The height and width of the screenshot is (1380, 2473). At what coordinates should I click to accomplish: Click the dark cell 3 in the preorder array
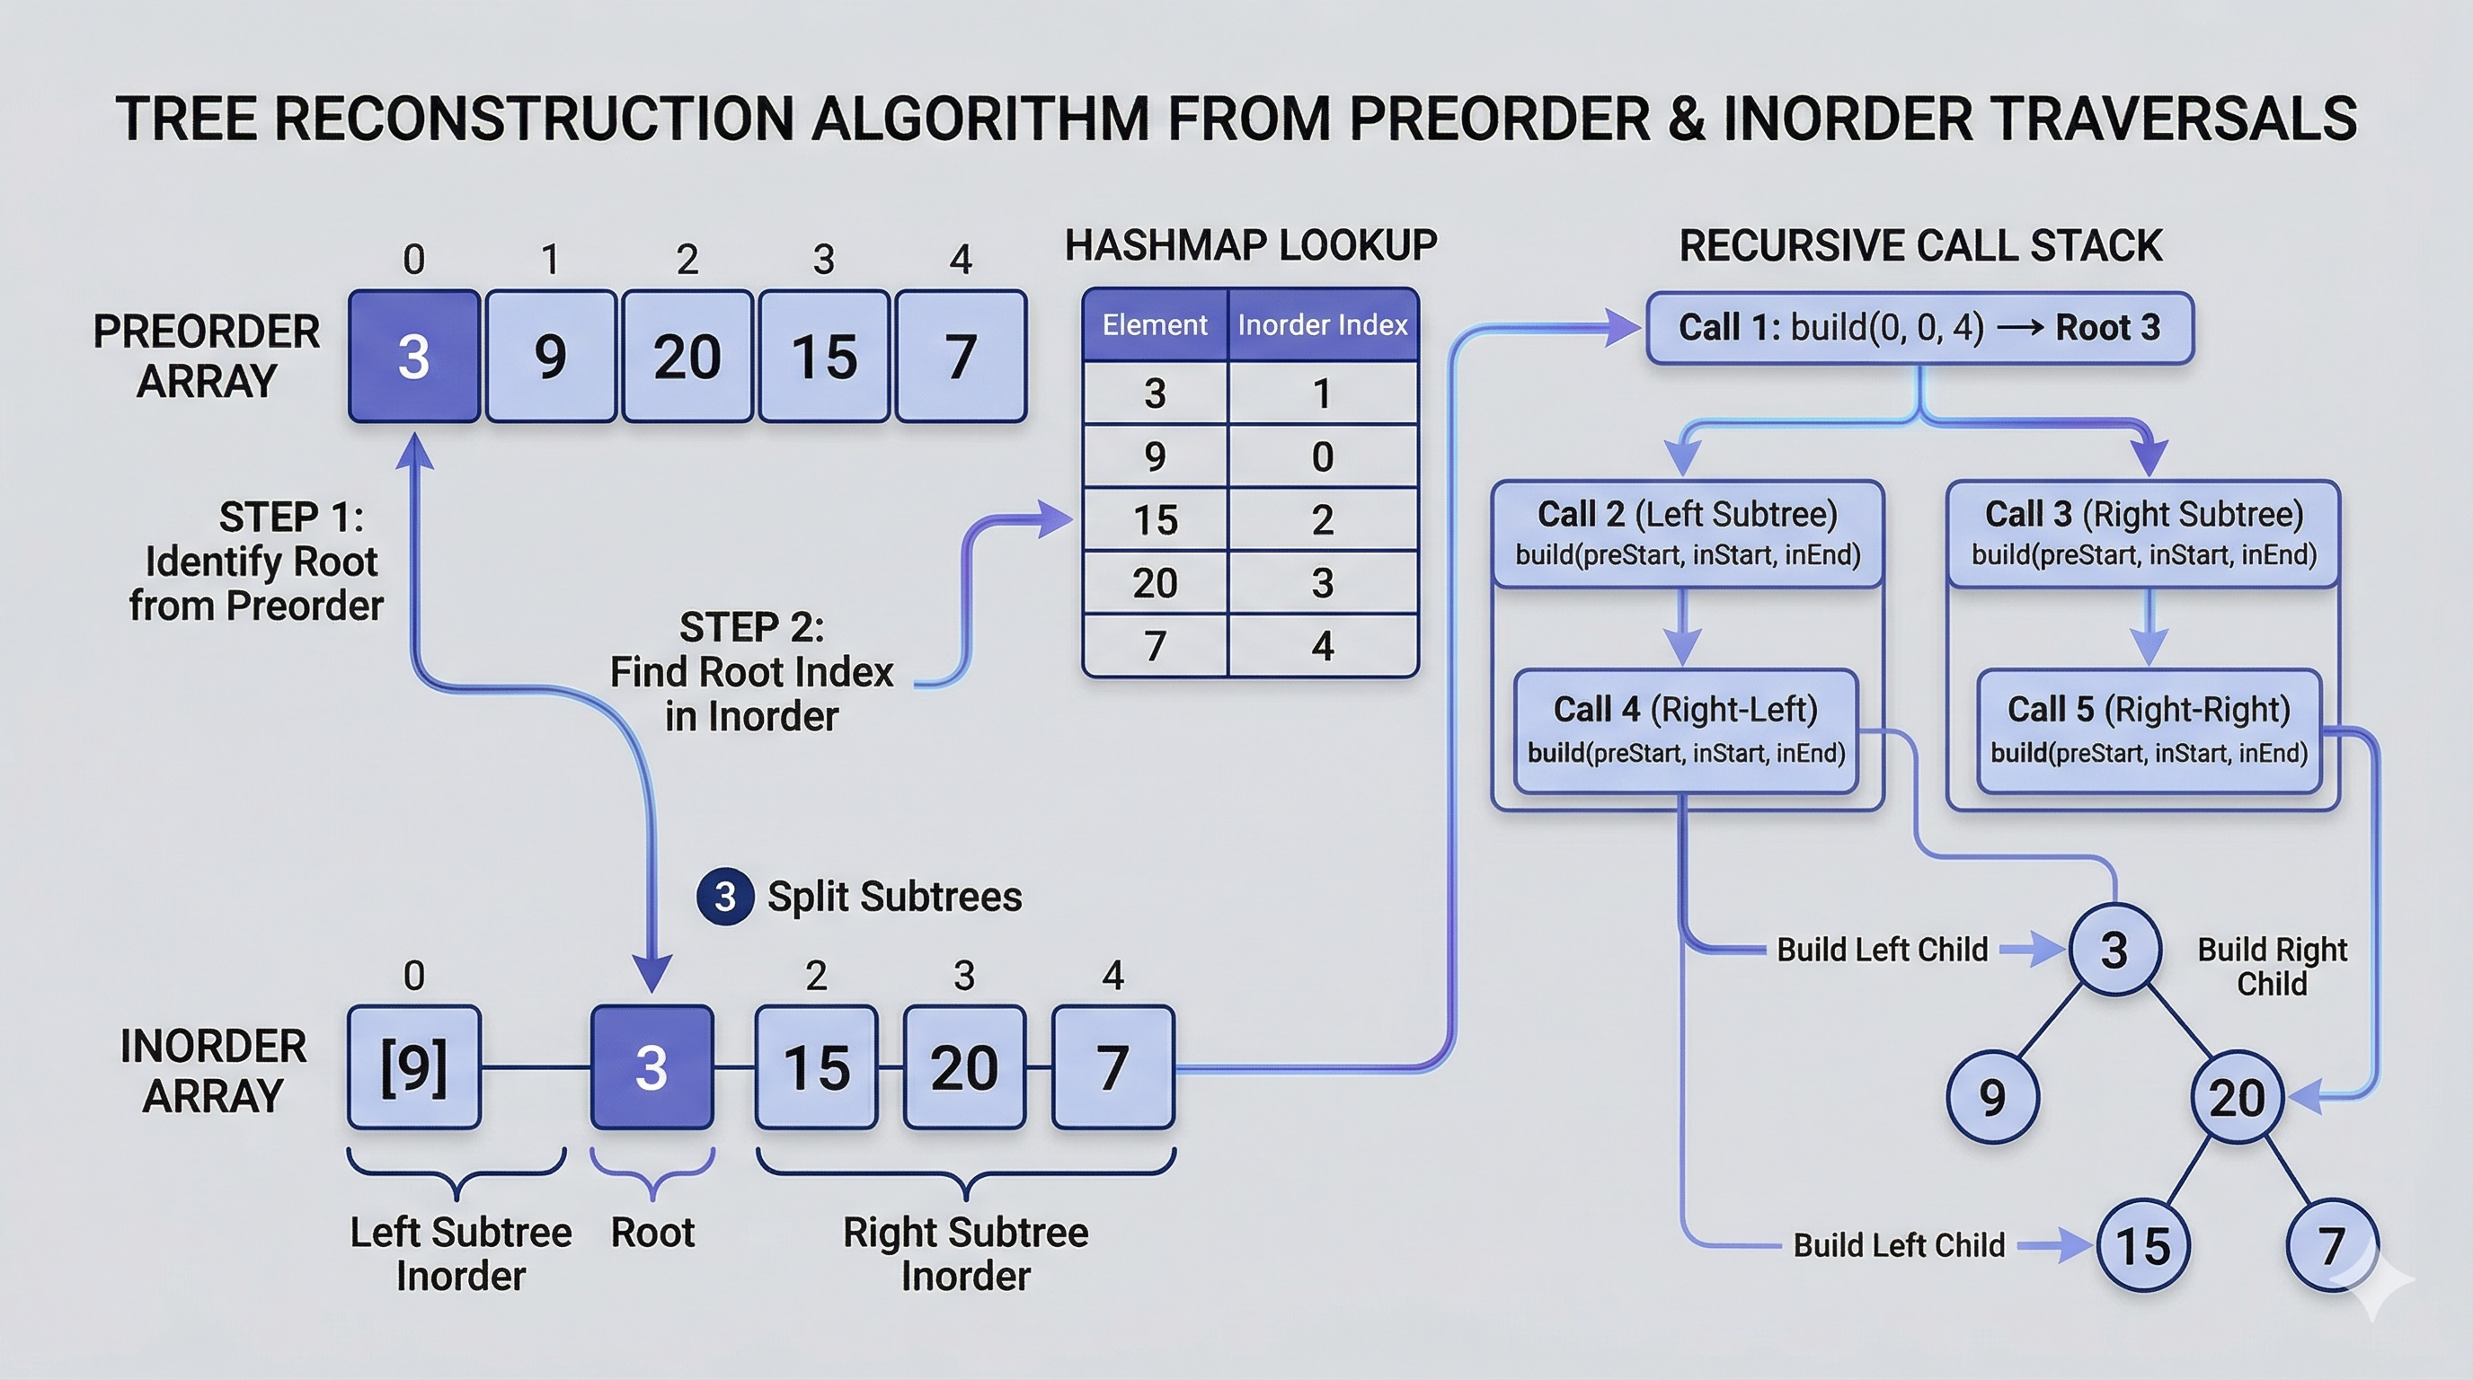413,356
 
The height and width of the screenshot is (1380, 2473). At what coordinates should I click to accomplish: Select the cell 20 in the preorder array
687,356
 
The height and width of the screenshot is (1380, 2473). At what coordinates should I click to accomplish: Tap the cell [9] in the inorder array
413,1067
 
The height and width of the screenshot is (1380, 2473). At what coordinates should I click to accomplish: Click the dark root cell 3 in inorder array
651,1067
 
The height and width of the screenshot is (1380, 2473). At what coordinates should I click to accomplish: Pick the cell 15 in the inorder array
816,1067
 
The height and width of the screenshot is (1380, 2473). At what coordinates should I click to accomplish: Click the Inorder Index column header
1322,325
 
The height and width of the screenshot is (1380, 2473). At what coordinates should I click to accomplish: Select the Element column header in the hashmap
1154,325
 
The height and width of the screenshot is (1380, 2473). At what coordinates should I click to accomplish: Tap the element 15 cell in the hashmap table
1154,520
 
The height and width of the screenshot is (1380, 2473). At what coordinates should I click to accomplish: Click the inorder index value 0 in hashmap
1322,456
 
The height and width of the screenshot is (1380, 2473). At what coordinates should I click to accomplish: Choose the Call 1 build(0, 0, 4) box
1919,328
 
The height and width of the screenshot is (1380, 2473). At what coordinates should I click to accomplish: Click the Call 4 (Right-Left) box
1686,730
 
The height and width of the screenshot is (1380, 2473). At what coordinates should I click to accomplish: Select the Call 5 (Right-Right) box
2149,730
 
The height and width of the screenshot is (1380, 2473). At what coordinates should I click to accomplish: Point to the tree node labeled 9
1992,1097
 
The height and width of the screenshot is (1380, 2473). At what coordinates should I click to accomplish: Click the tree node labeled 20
2236,1097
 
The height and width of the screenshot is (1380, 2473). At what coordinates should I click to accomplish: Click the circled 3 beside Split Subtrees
725,898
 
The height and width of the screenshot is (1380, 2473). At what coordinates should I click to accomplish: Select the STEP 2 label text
751,628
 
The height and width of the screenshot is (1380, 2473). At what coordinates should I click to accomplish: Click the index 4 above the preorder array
960,259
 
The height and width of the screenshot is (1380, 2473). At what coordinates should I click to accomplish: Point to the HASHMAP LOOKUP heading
1250,245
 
